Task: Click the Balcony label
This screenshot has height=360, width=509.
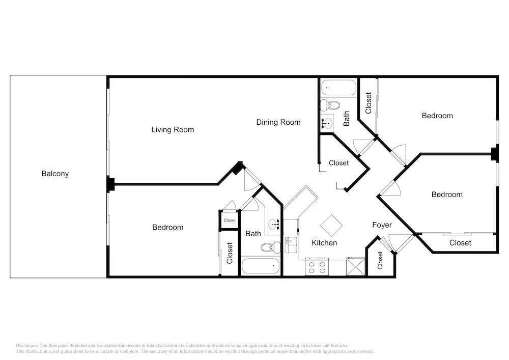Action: click(55, 174)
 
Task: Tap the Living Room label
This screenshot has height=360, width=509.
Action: click(173, 130)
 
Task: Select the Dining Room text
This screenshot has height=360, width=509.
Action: click(278, 122)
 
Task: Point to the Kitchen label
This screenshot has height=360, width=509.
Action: click(324, 243)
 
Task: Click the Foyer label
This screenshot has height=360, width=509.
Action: click(382, 225)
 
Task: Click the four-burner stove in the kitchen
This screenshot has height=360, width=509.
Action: click(317, 267)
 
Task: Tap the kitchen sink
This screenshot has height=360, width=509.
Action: click(291, 245)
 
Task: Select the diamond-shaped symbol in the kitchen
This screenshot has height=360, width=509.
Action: click(331, 226)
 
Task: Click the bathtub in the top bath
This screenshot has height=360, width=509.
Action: click(338, 88)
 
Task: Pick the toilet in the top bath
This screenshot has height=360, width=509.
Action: click(330, 105)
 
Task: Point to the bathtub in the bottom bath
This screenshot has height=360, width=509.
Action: click(261, 266)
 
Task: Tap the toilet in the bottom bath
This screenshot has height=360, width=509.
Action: click(271, 247)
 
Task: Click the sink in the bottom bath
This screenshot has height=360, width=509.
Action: click(274, 224)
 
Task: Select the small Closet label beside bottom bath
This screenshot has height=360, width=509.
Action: click(230, 220)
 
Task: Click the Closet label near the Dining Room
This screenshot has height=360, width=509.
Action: click(338, 163)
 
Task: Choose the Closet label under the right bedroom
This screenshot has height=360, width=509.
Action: click(460, 243)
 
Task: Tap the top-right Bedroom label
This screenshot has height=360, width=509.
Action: click(437, 116)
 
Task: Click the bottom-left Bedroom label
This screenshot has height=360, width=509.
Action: click(168, 227)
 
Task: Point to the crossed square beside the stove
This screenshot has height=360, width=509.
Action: click(356, 266)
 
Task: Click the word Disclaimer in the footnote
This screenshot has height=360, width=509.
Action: click(27, 346)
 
